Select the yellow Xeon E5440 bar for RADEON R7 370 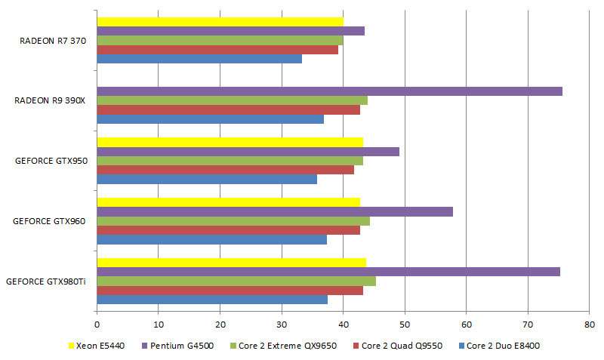220,22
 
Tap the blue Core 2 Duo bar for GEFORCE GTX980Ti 212,300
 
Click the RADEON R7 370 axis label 52,41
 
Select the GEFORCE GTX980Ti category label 46,282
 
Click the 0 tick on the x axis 97,325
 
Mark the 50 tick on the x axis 405,325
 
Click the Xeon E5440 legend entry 99,346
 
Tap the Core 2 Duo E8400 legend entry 503,346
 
